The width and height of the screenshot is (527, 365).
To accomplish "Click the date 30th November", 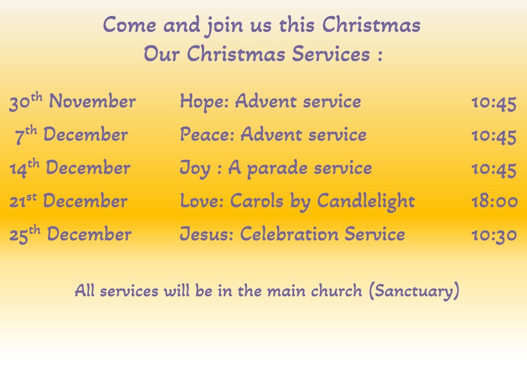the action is tap(73, 101).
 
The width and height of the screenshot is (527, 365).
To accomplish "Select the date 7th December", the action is tap(71, 135).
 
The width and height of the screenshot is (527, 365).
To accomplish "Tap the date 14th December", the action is tap(70, 168).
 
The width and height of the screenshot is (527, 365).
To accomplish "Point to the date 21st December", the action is tap(69, 201).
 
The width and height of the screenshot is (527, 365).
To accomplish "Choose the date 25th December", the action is tap(71, 234).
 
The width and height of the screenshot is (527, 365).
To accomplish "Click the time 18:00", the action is tap(495, 202).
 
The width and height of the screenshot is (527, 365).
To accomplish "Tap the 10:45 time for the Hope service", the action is tap(494, 103).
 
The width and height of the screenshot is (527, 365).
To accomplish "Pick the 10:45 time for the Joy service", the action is tap(494, 170).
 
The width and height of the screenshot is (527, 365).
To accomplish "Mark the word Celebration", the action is tap(289, 234).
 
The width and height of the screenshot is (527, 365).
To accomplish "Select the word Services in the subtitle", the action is tap(331, 54).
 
